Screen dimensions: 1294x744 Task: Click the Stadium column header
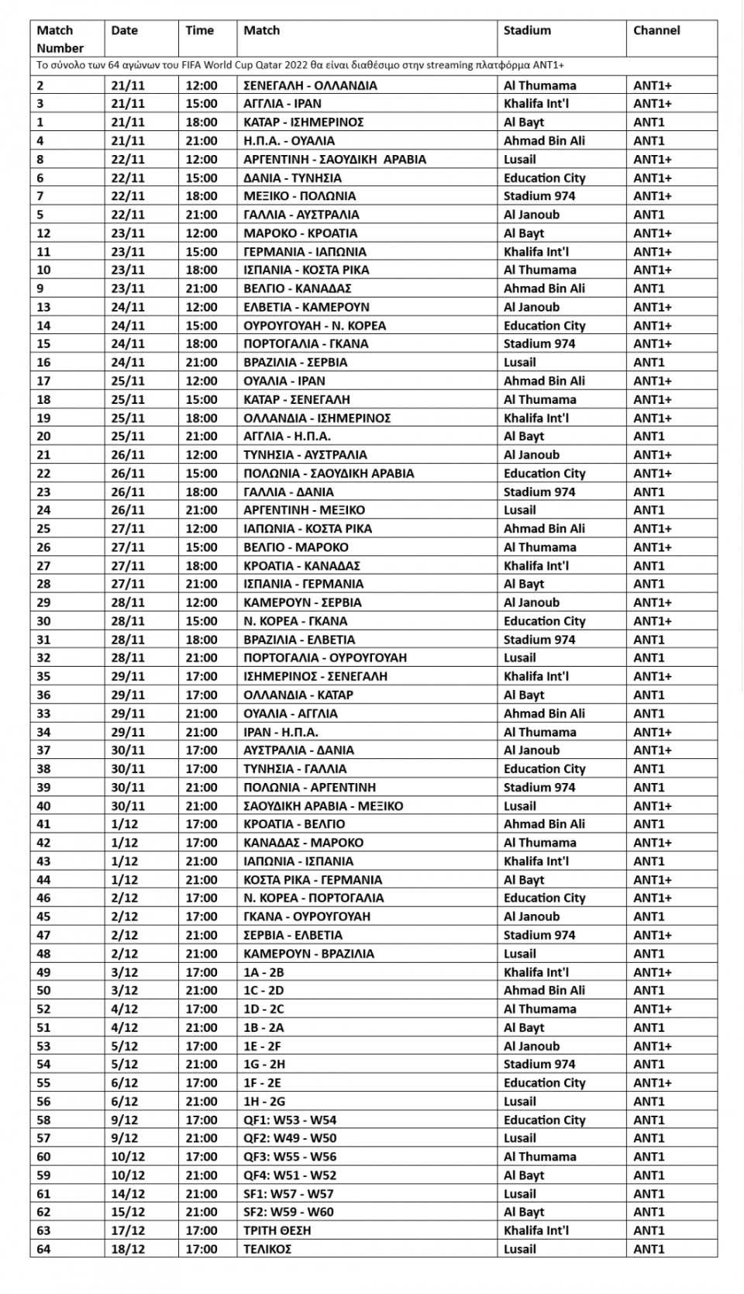[x=527, y=30]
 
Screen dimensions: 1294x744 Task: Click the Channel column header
[x=656, y=30]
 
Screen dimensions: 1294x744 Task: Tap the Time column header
[x=199, y=30]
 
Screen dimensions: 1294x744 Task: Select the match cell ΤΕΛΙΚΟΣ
[x=267, y=1249]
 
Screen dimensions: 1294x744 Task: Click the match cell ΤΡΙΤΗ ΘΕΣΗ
[x=278, y=1230]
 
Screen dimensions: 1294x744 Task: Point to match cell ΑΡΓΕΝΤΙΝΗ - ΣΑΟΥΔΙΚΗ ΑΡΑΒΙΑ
[x=335, y=159]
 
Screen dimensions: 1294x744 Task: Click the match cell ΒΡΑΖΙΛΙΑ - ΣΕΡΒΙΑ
[x=295, y=362]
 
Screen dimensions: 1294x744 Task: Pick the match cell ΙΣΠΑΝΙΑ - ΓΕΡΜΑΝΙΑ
[x=303, y=584]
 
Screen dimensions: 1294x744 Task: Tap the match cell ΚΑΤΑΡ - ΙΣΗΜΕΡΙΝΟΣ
[x=303, y=122]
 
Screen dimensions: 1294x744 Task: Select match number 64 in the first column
[x=43, y=1249]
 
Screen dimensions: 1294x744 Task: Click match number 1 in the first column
[x=40, y=122]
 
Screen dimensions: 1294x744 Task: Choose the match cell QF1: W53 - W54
[x=290, y=1120]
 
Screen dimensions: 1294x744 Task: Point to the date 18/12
[x=128, y=1249]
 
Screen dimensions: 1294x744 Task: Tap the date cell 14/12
[x=128, y=1194]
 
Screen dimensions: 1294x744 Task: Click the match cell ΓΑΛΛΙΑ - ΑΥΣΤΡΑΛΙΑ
[x=301, y=215]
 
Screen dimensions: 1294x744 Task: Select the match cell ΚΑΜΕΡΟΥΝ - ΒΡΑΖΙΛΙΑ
[x=308, y=954]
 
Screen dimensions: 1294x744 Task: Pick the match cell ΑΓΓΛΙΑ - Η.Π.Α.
[x=287, y=436]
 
